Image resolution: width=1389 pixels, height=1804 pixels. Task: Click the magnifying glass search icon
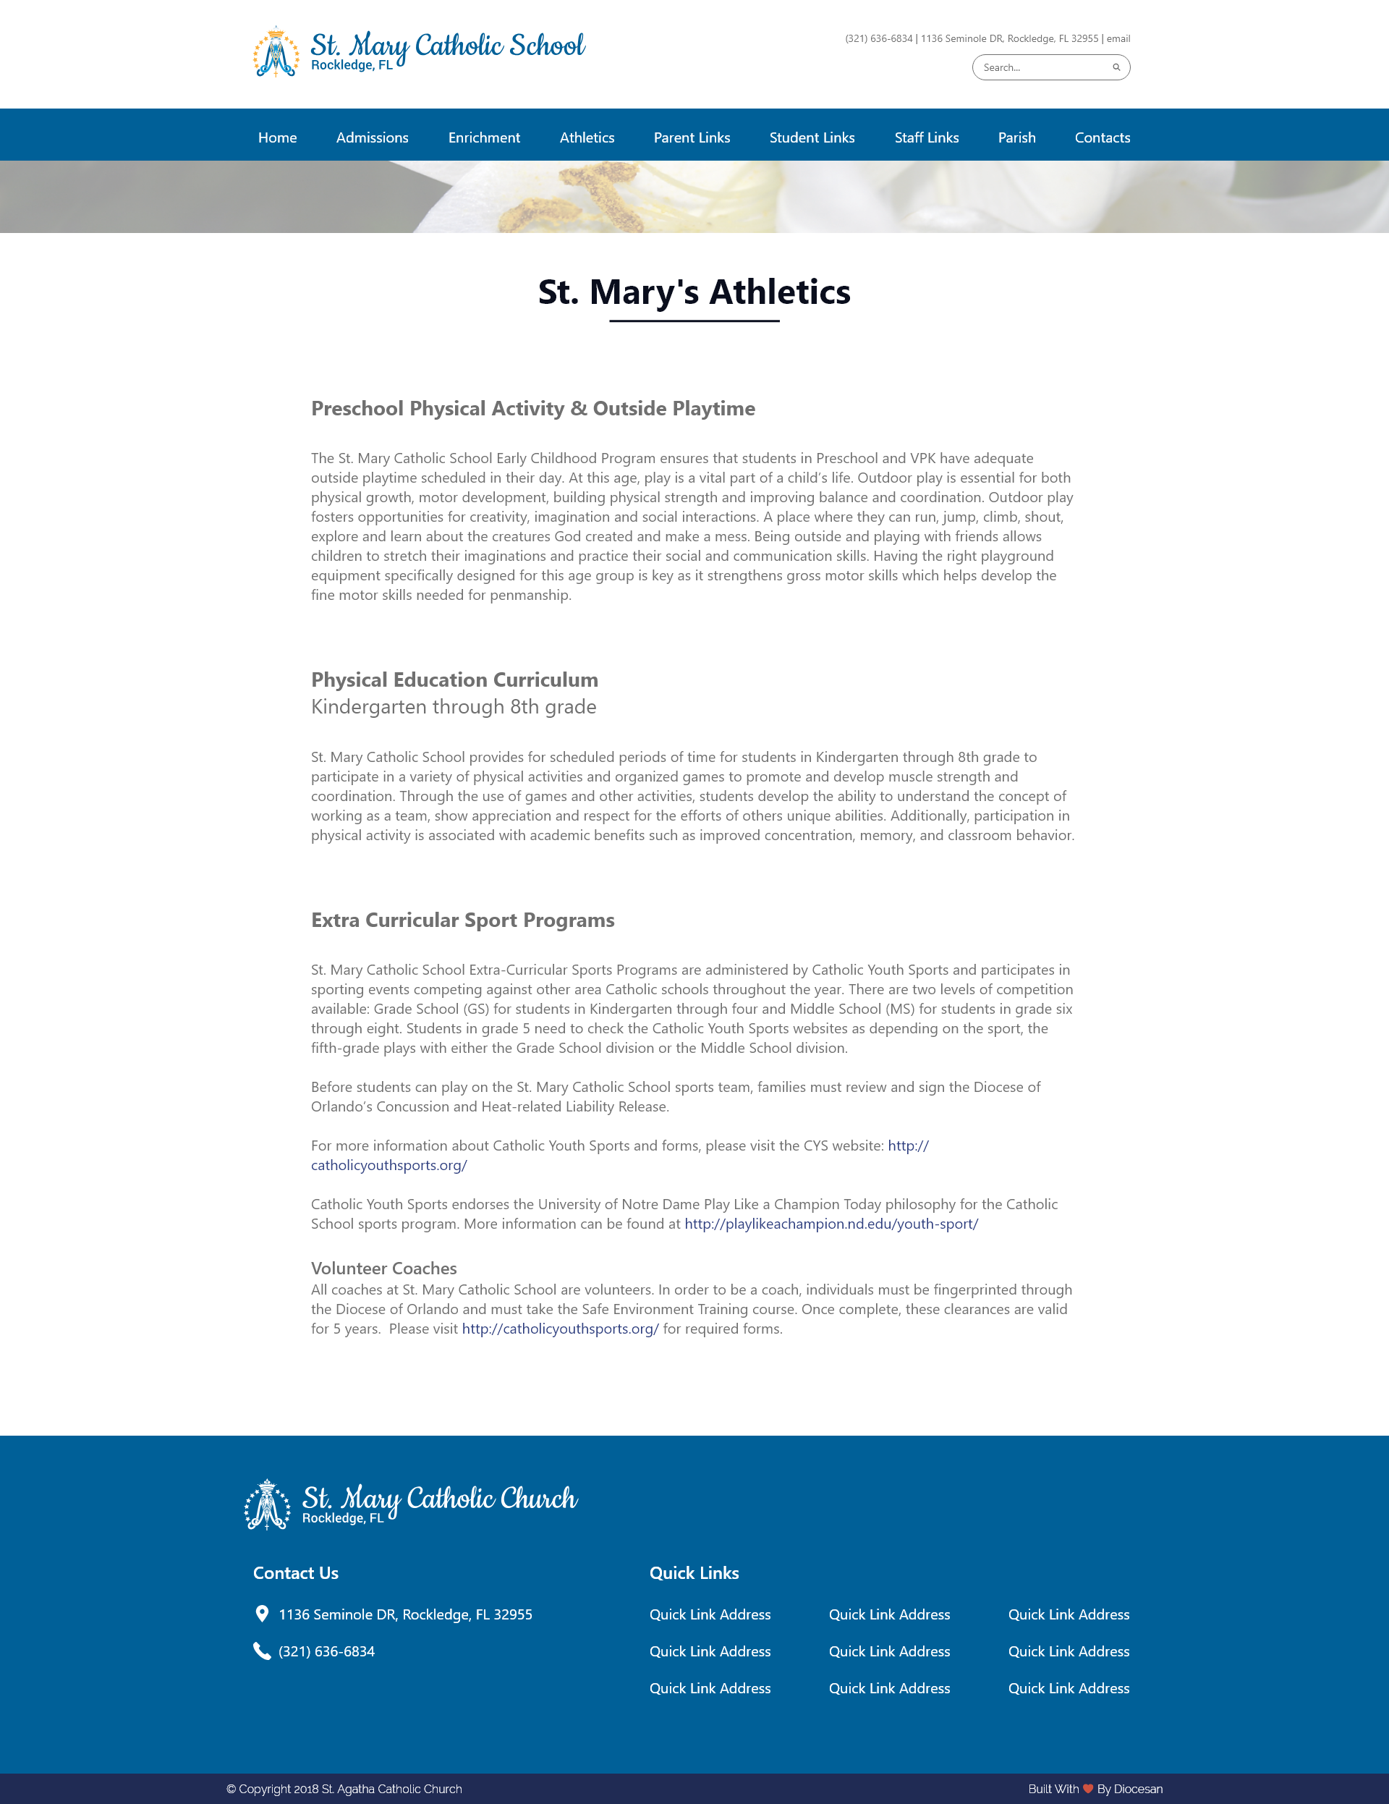[x=1116, y=68]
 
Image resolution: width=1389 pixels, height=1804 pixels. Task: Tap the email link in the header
[x=1118, y=39]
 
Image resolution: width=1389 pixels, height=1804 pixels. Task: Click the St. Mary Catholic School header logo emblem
[x=276, y=52]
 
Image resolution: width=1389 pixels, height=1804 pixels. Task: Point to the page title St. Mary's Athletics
[x=694, y=292]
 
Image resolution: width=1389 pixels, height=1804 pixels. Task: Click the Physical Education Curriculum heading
[x=454, y=679]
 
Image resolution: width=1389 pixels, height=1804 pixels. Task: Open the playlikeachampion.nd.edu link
[x=831, y=1224]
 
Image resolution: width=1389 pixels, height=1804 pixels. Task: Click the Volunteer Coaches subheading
[x=383, y=1268]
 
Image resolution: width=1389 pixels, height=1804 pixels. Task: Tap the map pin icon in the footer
[x=262, y=1613]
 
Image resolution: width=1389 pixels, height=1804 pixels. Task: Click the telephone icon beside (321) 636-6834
[x=262, y=1651]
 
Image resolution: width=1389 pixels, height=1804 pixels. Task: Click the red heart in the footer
[x=1087, y=1788]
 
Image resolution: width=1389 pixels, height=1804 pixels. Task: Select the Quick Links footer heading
[x=694, y=1572]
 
